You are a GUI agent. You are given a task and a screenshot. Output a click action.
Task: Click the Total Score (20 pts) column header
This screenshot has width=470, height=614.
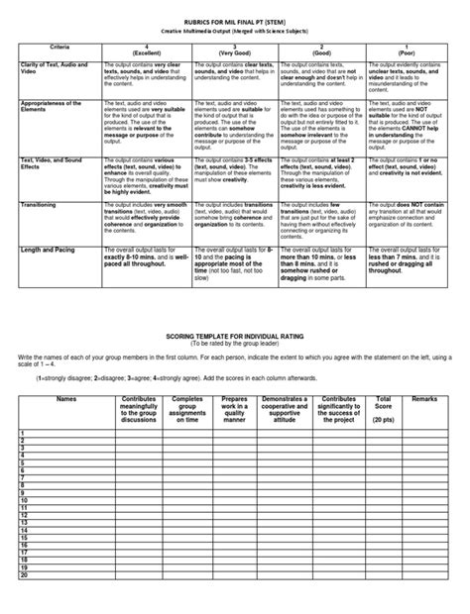tap(382, 407)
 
